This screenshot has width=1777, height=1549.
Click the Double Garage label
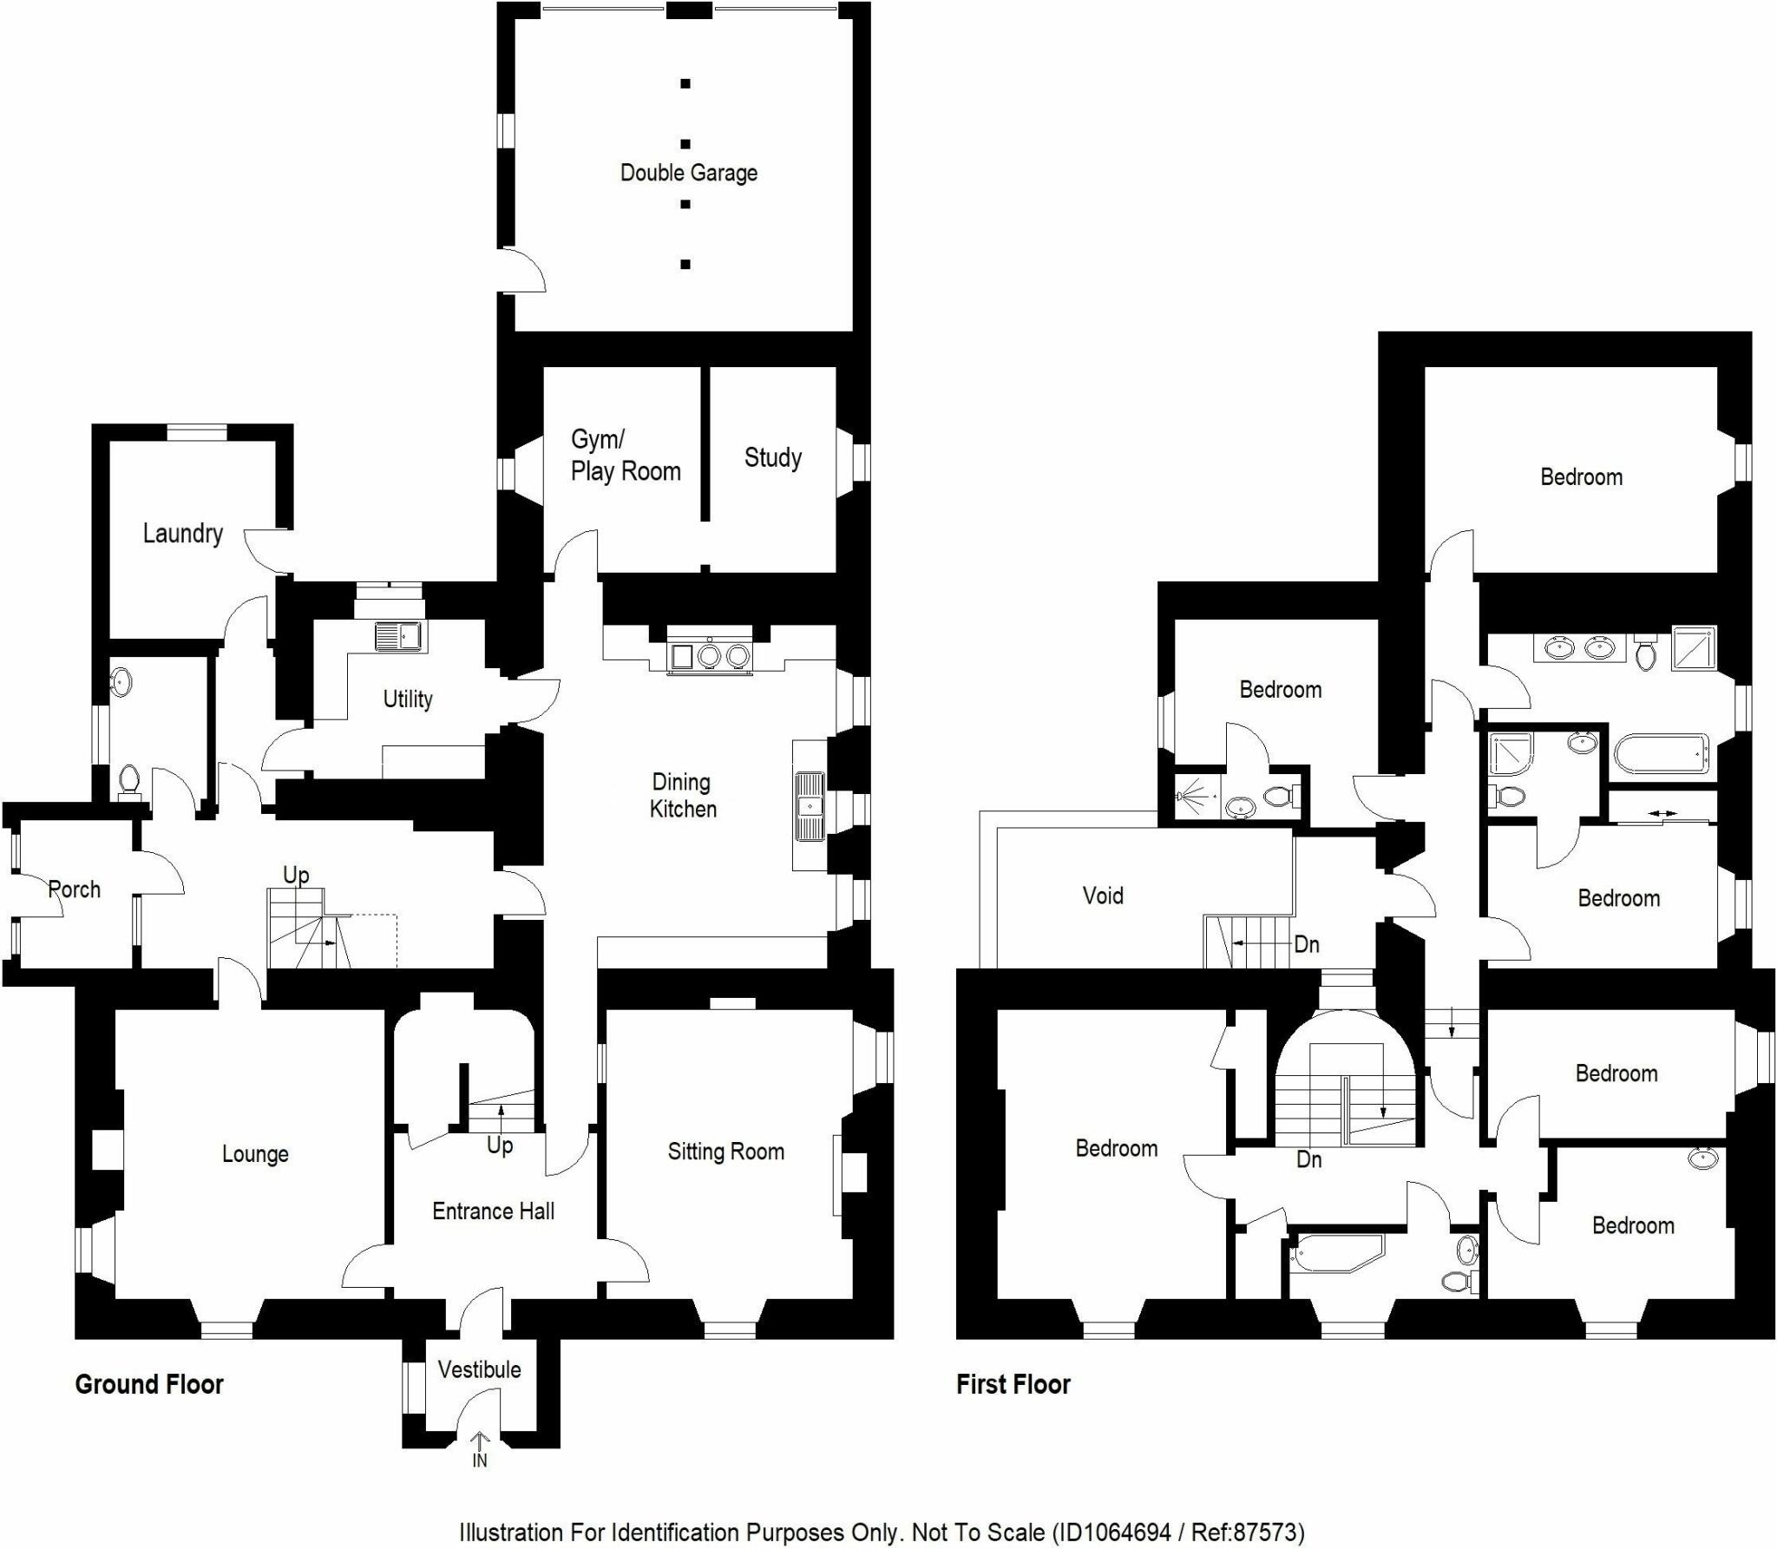[x=688, y=173]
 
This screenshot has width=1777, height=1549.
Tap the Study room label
[x=772, y=457]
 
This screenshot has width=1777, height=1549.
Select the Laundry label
[x=182, y=533]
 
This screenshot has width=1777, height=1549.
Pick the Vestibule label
[x=479, y=1369]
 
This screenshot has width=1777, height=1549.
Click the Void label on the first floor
[x=1102, y=896]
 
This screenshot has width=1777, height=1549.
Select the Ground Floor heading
[x=149, y=1384]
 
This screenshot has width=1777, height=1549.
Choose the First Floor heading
[x=1013, y=1384]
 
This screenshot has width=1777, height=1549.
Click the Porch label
[x=74, y=889]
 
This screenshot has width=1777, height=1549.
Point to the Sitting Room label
[x=725, y=1152]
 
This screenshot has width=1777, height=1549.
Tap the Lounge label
[x=255, y=1154]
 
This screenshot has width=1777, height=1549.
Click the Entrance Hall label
[x=493, y=1211]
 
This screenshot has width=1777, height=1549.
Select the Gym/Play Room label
[x=625, y=456]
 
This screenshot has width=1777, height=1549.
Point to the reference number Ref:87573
[x=1246, y=1533]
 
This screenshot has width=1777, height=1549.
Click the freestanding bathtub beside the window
[x=1661, y=754]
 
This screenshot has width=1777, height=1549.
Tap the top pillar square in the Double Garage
[x=685, y=84]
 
